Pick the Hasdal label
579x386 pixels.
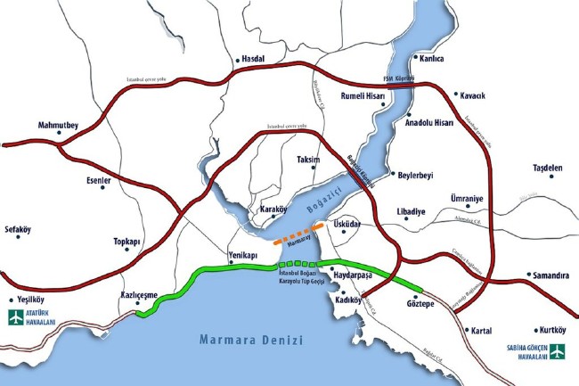click(x=253, y=61)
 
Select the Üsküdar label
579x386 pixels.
click(x=347, y=225)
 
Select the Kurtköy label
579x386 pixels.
click(x=548, y=330)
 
